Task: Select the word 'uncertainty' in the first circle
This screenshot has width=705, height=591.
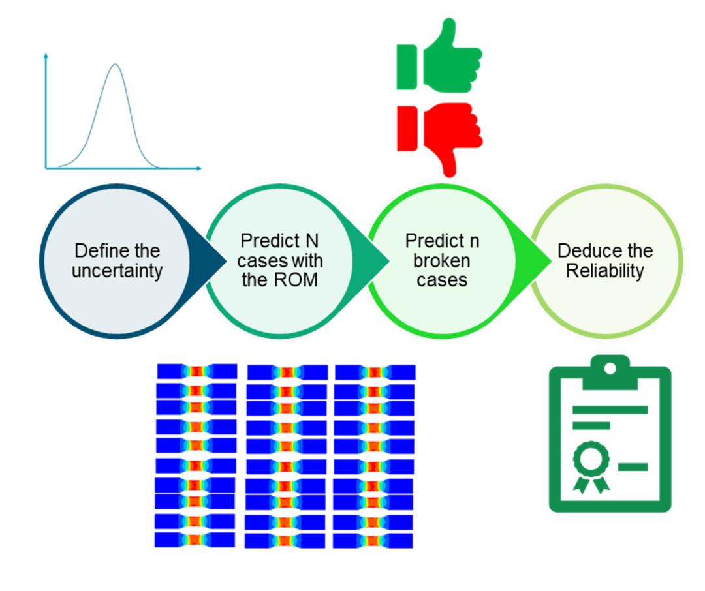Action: click(117, 271)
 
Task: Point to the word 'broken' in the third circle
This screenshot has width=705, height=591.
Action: click(441, 261)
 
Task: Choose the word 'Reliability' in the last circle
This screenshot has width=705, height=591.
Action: click(604, 271)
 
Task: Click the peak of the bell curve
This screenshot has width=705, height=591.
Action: click(116, 65)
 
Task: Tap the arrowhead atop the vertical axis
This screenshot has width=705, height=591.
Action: click(46, 55)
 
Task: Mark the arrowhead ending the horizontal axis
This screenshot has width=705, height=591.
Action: click(199, 168)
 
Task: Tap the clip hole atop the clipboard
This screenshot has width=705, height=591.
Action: click(610, 369)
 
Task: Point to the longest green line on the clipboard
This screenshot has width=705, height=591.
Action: click(610, 410)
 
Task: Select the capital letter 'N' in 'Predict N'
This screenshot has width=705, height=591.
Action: click(312, 241)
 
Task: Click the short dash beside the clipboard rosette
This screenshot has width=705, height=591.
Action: click(633, 468)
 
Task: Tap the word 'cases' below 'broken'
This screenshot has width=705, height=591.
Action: click(442, 280)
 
